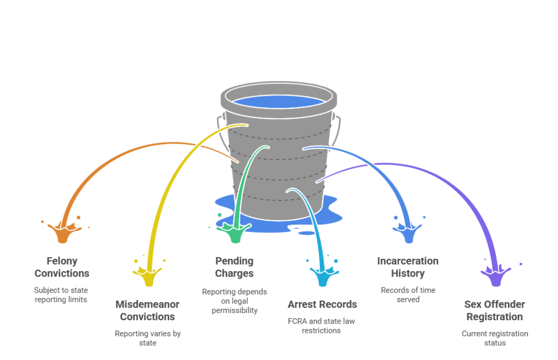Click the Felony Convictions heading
[x=62, y=267]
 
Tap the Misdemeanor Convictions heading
[x=147, y=310]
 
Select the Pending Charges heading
[x=234, y=267]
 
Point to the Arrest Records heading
[x=322, y=304]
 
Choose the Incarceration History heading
[x=408, y=267]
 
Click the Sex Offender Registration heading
[x=495, y=310]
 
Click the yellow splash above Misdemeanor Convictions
[x=149, y=275]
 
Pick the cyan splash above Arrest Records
[x=322, y=275]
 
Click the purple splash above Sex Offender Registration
[x=495, y=275]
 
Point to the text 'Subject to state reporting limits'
[x=61, y=295]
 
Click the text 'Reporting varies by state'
[x=147, y=338]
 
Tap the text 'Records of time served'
[x=408, y=295]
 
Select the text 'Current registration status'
[x=495, y=338]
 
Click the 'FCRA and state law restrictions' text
[x=322, y=325]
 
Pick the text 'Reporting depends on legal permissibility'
[x=234, y=301]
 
